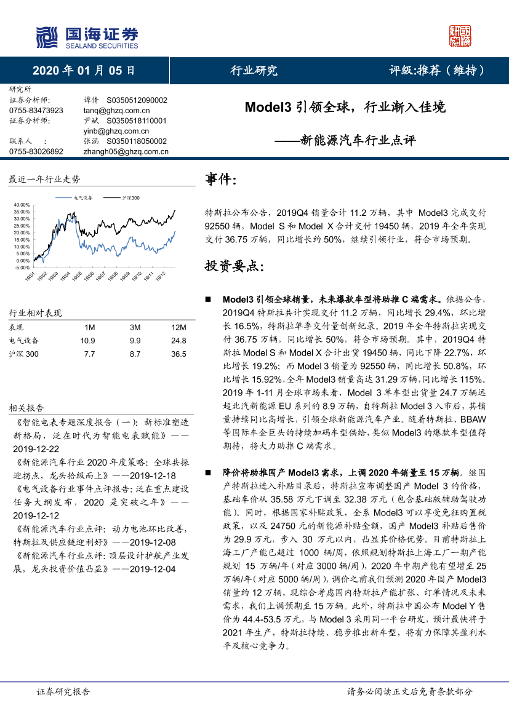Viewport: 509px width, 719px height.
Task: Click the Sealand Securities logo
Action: tap(87, 38)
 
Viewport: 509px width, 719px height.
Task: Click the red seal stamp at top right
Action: tap(460, 37)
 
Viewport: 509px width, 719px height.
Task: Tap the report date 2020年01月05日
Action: tap(84, 70)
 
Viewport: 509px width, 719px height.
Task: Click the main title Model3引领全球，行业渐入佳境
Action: tap(345, 107)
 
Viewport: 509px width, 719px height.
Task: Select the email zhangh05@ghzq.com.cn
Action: tap(126, 151)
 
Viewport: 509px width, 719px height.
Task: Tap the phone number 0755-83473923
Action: tap(36, 110)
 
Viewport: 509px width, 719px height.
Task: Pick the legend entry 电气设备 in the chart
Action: tap(83, 198)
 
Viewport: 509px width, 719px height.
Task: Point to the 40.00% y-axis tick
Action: tap(21, 205)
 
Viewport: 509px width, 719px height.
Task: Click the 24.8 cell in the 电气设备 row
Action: tap(178, 340)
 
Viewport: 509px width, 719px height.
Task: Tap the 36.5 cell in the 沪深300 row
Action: tap(178, 354)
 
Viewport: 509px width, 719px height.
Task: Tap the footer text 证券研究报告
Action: tap(63, 691)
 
